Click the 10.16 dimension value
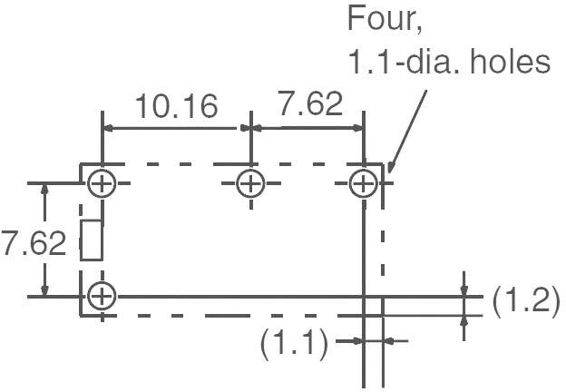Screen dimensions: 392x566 tap(177, 105)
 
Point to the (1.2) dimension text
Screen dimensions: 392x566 tap(525, 301)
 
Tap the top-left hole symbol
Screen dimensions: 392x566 tap(102, 184)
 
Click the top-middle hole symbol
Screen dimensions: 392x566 tap(250, 184)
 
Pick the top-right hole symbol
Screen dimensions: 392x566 tap(364, 184)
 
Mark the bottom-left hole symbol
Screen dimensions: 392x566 tap(102, 295)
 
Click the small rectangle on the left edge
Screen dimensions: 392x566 tap(91, 240)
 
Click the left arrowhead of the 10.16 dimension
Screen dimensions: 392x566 tap(109, 129)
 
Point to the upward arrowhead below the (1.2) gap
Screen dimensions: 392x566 tap(464, 320)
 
